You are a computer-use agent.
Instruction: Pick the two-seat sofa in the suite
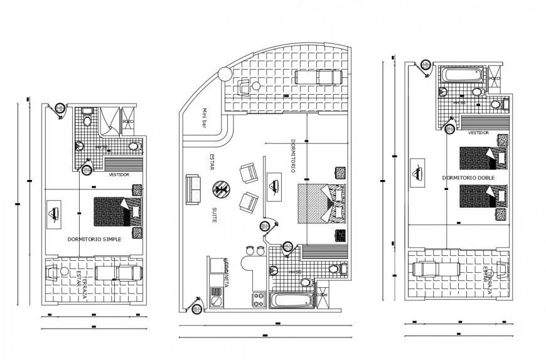[x=192, y=188]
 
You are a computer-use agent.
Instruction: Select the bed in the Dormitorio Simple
[x=116, y=212]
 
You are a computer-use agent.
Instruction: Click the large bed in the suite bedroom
[x=320, y=203]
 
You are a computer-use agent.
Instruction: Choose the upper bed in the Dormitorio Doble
[x=480, y=158]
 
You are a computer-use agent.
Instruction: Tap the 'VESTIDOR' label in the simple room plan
[x=119, y=174]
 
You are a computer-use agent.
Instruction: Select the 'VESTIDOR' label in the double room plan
[x=478, y=133]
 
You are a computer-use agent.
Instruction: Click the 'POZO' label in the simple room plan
[x=128, y=121]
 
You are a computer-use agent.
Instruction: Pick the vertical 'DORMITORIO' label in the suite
[x=292, y=156]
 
